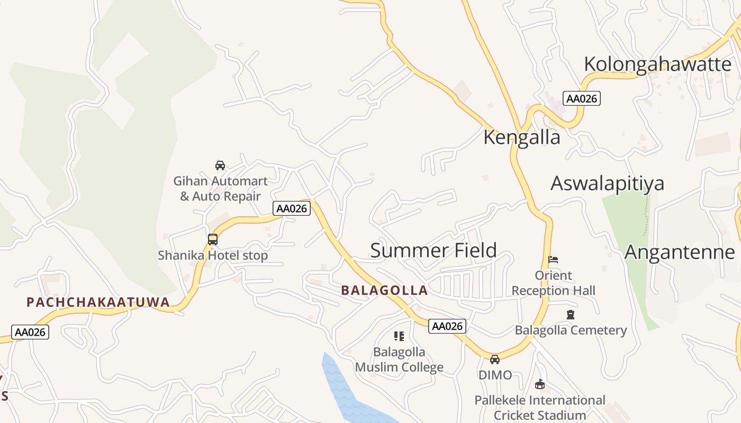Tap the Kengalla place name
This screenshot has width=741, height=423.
tap(521, 137)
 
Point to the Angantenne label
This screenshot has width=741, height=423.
tap(680, 252)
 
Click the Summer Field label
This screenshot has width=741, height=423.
tap(433, 250)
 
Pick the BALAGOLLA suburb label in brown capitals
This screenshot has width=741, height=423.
tap(384, 290)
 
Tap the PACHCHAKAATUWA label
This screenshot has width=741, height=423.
tap(98, 302)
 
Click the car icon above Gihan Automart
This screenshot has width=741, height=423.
tap(220, 165)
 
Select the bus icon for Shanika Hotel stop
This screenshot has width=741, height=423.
tap(213, 240)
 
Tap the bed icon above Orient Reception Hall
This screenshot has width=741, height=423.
tap(553, 260)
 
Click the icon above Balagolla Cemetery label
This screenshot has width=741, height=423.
tap(570, 315)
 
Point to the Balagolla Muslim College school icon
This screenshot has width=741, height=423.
tap(399, 336)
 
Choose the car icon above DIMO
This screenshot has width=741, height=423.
tap(495, 360)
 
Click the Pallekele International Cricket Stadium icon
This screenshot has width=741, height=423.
tap(540, 384)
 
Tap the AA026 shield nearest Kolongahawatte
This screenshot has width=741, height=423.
tap(582, 98)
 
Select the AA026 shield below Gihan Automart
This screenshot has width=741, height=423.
tap(291, 208)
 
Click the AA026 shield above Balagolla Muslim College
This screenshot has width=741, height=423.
tap(447, 326)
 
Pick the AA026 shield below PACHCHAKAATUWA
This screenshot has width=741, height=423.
tap(30, 332)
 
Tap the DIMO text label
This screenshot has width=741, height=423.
tap(495, 375)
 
